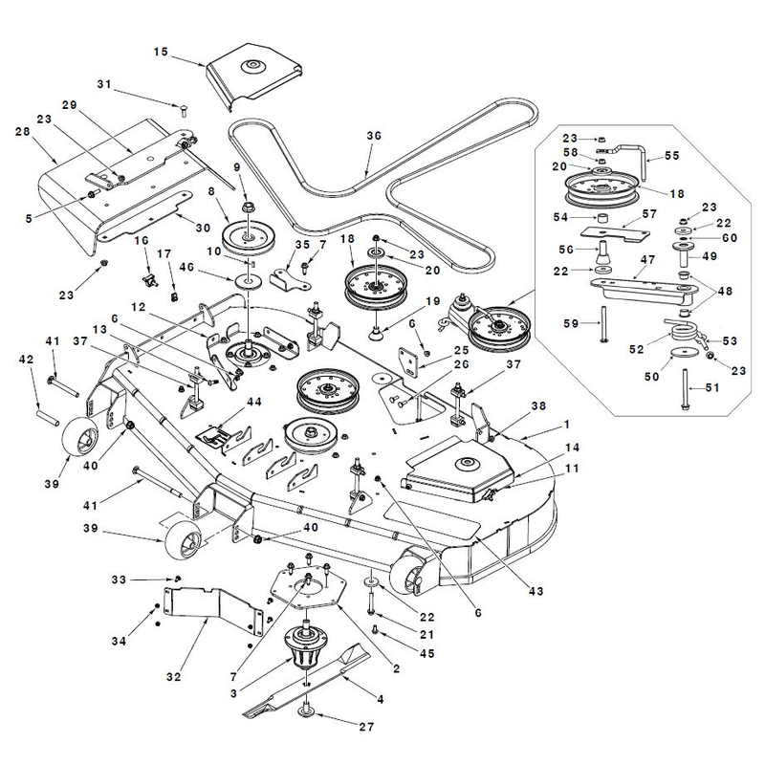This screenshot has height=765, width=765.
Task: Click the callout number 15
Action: [x=161, y=52]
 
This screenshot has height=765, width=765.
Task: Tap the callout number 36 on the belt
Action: [x=374, y=136]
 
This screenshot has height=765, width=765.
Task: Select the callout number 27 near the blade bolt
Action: [x=366, y=727]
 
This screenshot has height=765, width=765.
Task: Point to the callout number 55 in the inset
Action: [x=672, y=156]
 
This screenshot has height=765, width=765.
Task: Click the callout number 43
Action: [x=535, y=591]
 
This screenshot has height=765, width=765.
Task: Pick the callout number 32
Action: [x=173, y=677]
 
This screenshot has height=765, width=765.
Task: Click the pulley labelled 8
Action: [x=249, y=237]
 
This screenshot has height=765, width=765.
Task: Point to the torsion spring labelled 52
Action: [x=683, y=332]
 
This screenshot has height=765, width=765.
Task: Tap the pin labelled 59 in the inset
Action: [x=604, y=323]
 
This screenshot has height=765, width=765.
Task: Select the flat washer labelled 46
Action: [x=249, y=281]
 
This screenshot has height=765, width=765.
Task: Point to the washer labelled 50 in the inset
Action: [x=682, y=352]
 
